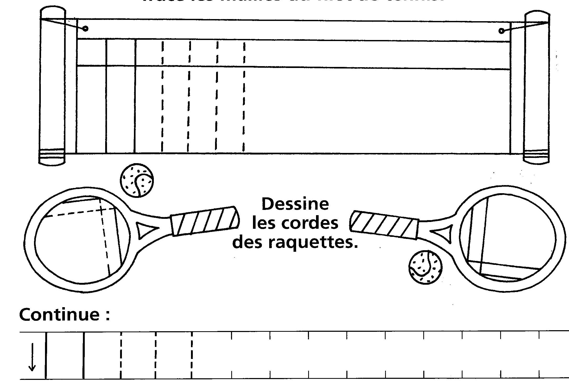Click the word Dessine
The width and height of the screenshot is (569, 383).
point(295,204)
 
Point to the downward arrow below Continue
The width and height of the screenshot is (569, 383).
point(32,357)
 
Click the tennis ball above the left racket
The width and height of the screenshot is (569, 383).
point(137,180)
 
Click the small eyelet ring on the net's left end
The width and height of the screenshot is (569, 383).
point(85,28)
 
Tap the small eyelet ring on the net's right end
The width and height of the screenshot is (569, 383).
point(501,31)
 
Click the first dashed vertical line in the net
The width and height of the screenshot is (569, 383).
point(162,97)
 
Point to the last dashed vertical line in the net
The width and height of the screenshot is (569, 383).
point(244,97)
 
